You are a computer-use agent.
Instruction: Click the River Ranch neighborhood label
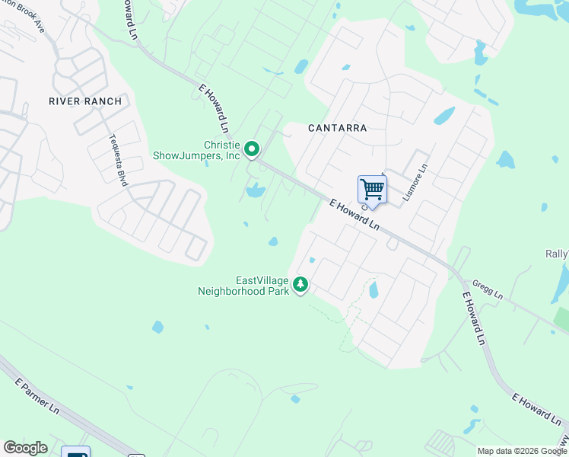[85, 101]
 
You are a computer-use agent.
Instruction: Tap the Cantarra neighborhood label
[337, 128]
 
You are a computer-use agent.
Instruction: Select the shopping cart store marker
[372, 189]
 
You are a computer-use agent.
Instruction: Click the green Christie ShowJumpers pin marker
[253, 149]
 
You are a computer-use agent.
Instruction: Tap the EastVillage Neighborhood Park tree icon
[301, 285]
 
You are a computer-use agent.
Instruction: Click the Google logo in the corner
[25, 448]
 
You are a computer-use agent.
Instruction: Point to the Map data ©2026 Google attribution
[521, 451]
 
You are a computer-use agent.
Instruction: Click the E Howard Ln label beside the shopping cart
[354, 215]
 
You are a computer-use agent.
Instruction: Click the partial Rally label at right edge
[558, 254]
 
